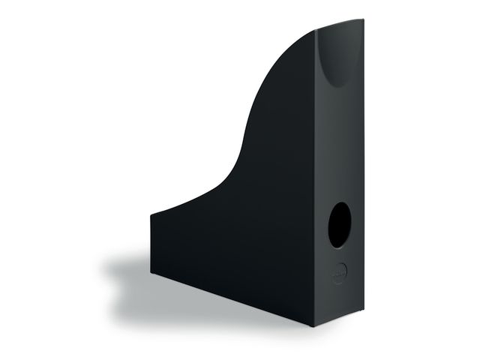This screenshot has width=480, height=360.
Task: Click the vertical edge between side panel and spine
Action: [316, 187]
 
